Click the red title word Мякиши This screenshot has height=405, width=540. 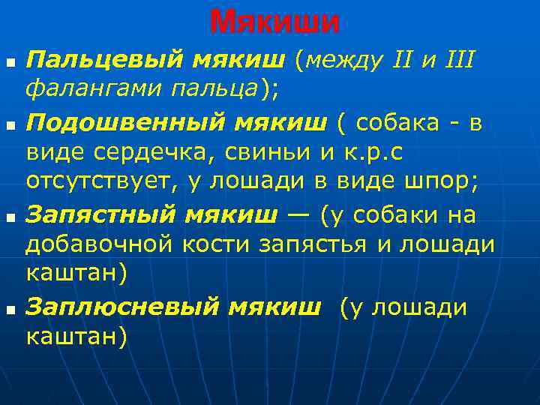(x=274, y=22)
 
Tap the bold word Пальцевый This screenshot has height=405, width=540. (x=106, y=58)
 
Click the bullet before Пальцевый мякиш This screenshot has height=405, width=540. (x=9, y=58)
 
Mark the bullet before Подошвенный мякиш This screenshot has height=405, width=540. (x=9, y=121)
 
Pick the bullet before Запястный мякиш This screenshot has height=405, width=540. (x=9, y=215)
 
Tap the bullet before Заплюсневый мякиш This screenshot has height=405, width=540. (x=9, y=307)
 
